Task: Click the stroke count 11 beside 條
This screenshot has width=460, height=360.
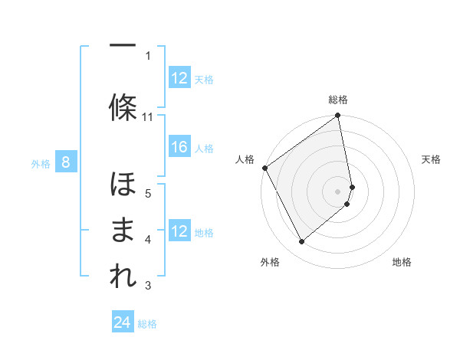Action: click(148, 117)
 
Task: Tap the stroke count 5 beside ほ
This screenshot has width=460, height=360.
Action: click(148, 193)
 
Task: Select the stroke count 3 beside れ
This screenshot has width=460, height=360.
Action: click(148, 286)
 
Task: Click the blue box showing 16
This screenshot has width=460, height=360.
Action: click(179, 148)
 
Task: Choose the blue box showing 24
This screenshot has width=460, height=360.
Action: click(122, 323)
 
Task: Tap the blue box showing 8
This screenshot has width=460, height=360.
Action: click(66, 162)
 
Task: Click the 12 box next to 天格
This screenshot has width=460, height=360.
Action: click(179, 78)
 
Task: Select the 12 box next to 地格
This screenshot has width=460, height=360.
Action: click(179, 231)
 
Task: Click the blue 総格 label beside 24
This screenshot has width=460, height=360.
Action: click(147, 324)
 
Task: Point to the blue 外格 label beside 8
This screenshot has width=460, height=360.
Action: click(41, 163)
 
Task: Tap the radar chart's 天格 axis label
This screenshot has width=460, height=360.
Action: click(432, 159)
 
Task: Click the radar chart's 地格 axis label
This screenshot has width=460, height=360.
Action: click(402, 262)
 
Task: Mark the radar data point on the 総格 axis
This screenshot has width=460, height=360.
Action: click(338, 116)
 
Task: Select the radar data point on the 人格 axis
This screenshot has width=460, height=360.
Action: click(264, 168)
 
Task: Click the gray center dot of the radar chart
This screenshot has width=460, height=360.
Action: click(338, 191)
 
